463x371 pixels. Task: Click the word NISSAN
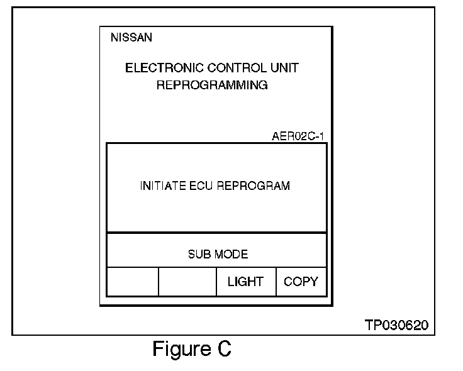tap(131, 38)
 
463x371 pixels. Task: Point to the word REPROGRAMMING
tap(211, 86)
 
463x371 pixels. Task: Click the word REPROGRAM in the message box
tap(253, 186)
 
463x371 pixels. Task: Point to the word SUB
tap(199, 255)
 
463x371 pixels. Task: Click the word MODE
tap(230, 255)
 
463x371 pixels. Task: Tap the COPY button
tap(301, 282)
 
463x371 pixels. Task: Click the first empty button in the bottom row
tap(132, 282)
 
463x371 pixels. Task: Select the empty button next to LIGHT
tap(187, 282)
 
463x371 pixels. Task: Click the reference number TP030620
tap(396, 325)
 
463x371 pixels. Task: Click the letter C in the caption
tap(223, 349)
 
